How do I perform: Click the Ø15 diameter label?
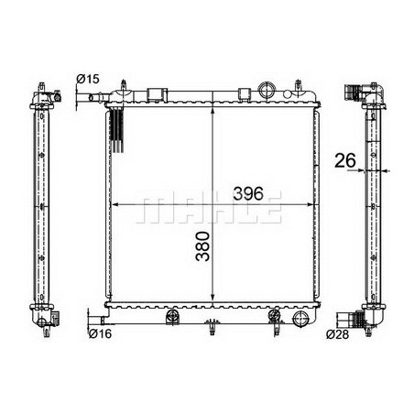(88, 79)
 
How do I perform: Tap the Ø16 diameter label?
(101, 333)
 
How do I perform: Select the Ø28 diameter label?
(337, 334)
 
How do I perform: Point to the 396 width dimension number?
(248, 193)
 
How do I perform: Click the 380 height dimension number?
(203, 246)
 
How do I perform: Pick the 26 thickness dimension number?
(345, 161)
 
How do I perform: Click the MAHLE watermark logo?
(209, 207)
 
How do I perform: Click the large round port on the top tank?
(267, 90)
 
